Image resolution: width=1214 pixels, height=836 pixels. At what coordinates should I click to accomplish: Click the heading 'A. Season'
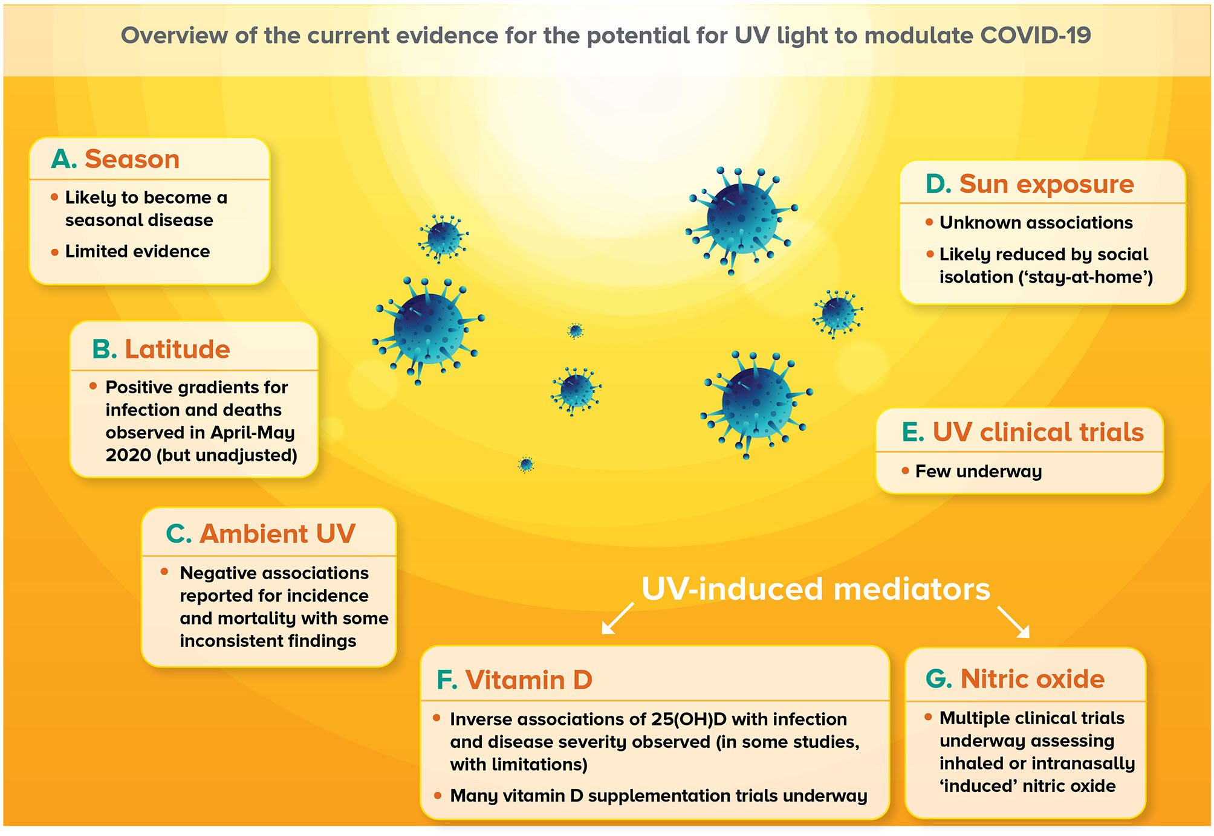[x=115, y=159]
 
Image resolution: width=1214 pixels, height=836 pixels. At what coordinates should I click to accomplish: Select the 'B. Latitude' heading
[x=161, y=349]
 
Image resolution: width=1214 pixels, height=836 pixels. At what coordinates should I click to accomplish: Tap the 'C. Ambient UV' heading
[x=261, y=534]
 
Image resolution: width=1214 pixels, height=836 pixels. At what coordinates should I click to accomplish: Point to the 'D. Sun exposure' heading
[x=1030, y=184]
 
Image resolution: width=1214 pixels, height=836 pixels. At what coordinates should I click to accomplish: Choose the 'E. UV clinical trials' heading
[x=1023, y=432]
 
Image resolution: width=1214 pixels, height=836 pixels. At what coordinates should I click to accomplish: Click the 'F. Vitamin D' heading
[x=514, y=680]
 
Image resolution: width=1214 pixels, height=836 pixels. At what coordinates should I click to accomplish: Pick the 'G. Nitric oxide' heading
[x=1015, y=679]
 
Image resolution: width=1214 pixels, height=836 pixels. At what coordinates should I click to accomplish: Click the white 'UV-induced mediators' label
[x=816, y=589]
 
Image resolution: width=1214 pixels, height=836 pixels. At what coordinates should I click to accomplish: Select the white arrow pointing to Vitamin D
[x=617, y=619]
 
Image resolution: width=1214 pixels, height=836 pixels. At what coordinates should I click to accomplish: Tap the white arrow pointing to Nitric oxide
[x=1013, y=622]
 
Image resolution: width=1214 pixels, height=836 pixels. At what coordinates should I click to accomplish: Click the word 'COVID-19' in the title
[x=1036, y=36]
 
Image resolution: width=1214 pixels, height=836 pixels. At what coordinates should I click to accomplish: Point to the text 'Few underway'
[x=978, y=472]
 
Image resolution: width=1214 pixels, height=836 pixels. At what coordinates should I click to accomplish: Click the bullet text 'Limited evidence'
[x=137, y=251]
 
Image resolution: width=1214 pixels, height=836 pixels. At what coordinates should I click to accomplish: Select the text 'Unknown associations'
[x=1036, y=223]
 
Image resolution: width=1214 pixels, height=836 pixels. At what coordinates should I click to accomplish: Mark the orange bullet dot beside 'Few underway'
[x=905, y=471]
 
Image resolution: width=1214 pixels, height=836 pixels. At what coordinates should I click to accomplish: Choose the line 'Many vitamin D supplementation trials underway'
[x=658, y=796]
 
